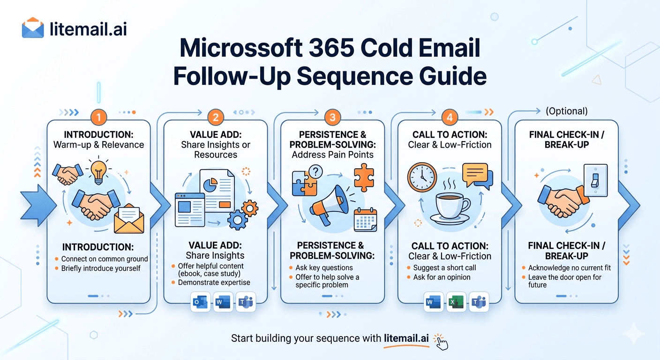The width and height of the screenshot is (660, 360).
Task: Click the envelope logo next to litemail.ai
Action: tap(33, 28)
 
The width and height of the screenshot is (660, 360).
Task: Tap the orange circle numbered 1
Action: tap(99, 117)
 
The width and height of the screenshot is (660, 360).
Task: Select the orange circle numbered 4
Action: tap(450, 117)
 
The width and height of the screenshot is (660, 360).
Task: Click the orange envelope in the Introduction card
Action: tap(129, 218)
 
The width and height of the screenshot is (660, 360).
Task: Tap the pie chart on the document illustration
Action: tap(210, 185)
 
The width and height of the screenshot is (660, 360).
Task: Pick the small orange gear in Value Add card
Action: tap(250, 208)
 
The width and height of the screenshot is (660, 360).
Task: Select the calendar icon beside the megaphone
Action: tap(365, 220)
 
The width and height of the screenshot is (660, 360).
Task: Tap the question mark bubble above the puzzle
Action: tap(315, 172)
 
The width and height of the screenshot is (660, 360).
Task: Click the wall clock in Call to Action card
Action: tap(422, 177)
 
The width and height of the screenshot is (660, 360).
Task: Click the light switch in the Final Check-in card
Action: tap(595, 180)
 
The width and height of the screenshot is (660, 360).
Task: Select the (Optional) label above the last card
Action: tap(567, 111)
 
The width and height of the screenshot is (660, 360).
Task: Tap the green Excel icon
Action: tap(457, 302)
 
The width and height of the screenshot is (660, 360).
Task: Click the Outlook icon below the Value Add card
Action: tap(200, 302)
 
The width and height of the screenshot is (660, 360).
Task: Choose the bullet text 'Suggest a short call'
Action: tap(445, 268)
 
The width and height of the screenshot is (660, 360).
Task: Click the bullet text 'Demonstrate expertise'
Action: tap(214, 282)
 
